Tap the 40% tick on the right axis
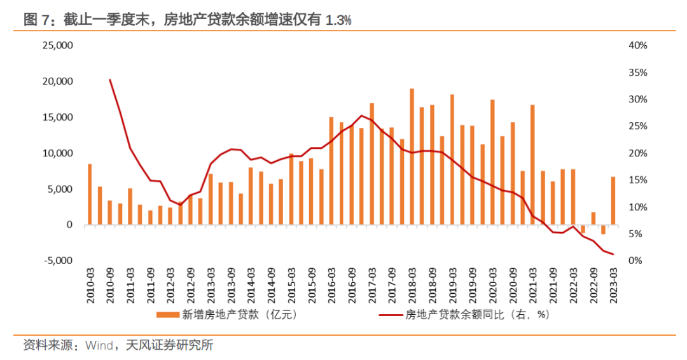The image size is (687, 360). click(637, 46)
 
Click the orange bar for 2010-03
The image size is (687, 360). click(90, 194)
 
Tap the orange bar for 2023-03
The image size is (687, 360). click(613, 200)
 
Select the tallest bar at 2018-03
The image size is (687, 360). click(412, 156)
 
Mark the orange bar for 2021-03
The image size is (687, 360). click(532, 164)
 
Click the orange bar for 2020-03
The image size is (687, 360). click(492, 162)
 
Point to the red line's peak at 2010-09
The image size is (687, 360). click(110, 80)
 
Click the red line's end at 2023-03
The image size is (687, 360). click(613, 254)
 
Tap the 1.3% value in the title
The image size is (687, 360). click(338, 20)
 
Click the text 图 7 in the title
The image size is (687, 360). click(37, 20)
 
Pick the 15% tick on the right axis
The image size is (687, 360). click(637, 180)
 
